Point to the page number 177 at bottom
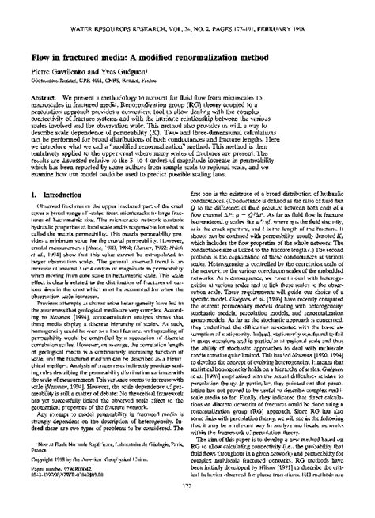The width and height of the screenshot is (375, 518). [187, 497]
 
